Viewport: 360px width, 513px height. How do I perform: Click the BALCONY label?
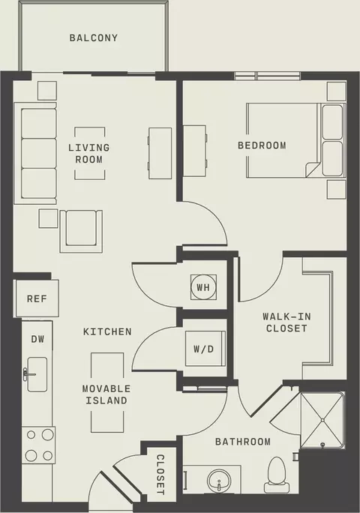(93, 38)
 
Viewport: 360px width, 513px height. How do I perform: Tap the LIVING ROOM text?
(89, 154)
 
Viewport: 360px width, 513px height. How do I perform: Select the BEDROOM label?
(262, 145)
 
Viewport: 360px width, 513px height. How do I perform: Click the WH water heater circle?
(203, 287)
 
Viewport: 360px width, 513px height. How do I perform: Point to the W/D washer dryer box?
(205, 349)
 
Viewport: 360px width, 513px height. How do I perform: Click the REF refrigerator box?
(37, 298)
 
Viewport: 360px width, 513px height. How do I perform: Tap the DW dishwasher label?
(37, 339)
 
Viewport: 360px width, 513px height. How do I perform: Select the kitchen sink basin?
(37, 374)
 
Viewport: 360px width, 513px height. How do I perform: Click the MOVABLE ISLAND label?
(106, 394)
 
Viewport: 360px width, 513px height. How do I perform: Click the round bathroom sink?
(219, 481)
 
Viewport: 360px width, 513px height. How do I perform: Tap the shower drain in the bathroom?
(323, 445)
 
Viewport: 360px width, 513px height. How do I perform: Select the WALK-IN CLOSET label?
(286, 322)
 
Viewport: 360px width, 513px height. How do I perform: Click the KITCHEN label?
(107, 331)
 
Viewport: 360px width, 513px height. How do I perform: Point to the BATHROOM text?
(243, 442)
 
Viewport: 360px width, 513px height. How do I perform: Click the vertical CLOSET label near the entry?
(160, 475)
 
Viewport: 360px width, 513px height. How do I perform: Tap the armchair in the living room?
(81, 231)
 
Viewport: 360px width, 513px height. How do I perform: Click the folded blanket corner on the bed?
(313, 169)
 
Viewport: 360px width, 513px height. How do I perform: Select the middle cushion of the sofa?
(38, 154)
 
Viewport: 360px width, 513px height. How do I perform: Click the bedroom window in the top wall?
(268, 76)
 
